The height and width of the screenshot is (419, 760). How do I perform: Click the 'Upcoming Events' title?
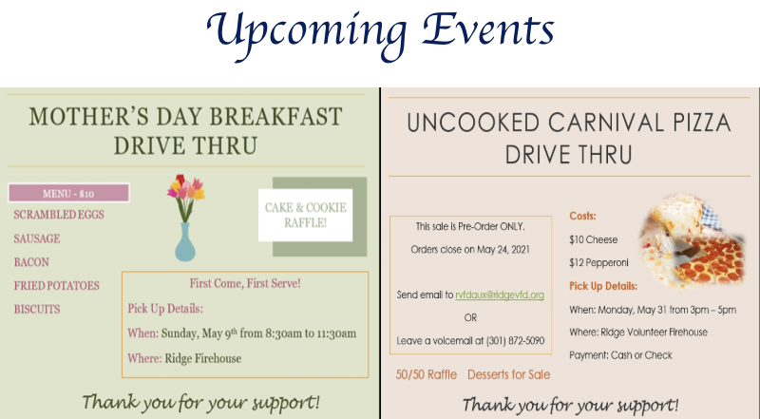(381, 34)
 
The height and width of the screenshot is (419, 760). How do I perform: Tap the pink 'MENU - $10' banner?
(68, 193)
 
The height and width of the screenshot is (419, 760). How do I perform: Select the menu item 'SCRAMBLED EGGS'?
(59, 215)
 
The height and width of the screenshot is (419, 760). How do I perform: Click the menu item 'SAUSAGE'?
(37, 238)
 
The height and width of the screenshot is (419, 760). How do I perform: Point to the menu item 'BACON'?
(31, 262)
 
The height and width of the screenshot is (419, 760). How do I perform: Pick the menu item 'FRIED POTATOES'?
(56, 286)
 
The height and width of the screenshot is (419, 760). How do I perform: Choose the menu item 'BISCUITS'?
(37, 310)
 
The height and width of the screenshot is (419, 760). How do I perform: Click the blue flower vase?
(185, 242)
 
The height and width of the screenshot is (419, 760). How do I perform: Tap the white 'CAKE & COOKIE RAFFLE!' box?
(305, 215)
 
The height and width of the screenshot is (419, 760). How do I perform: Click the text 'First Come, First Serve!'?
(245, 283)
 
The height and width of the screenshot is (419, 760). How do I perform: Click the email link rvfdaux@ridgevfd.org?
(500, 295)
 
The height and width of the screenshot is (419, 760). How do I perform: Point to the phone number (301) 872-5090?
(515, 341)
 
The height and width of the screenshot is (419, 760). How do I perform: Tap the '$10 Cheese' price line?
(593, 239)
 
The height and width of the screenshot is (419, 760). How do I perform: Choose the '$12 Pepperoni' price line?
(598, 263)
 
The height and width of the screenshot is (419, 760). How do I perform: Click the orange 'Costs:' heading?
(582, 217)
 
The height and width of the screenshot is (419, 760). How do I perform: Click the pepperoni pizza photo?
(693, 242)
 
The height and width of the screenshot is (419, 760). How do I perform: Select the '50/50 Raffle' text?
(426, 375)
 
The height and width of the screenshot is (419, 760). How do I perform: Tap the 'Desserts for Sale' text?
(508, 375)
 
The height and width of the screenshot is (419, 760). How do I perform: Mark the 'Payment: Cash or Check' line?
(620, 355)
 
